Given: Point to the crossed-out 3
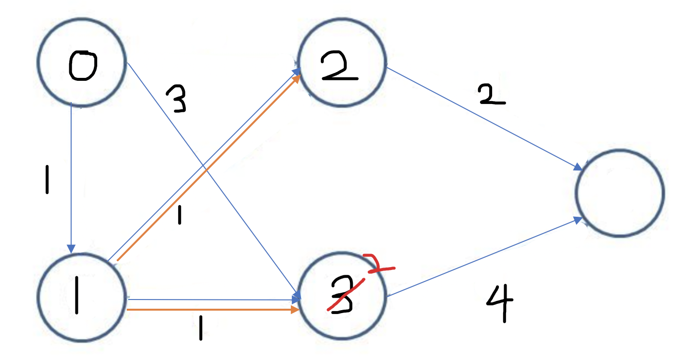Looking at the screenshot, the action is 341,298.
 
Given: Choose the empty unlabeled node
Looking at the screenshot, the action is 619,193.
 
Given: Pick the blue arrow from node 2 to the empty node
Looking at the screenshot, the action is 484,119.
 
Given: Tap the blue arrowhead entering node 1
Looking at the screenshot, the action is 72,248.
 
